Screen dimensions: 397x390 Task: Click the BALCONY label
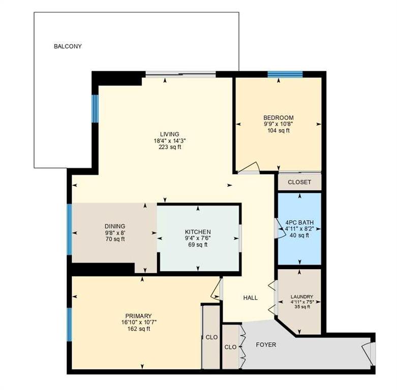pos(68,46)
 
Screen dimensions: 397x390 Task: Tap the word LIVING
pos(170,134)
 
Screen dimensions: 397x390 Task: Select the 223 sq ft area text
pos(170,147)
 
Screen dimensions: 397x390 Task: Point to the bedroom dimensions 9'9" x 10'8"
pos(279,124)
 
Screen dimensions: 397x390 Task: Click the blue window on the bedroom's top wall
pos(285,74)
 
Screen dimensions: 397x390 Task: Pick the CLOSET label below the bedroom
pos(299,182)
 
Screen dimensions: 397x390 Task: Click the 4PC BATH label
pos(299,222)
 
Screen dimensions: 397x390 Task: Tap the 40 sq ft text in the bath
pos(299,235)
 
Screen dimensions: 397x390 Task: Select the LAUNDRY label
pos(302,297)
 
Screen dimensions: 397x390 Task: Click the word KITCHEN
pos(198,232)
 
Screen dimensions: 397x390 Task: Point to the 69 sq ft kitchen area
pos(198,245)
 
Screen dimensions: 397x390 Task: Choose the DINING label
pos(115,226)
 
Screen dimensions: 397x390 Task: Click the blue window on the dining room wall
pos(69,229)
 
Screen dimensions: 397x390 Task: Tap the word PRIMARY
pos(138,316)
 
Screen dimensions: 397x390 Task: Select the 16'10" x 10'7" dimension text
pos(139,322)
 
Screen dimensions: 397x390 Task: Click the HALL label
pos(251,298)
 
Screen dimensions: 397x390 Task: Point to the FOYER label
pos(266,345)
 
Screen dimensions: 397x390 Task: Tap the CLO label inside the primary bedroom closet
pos(211,337)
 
